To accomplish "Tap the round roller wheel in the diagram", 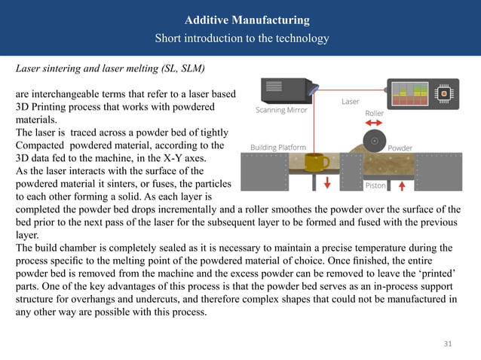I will coord(375,141).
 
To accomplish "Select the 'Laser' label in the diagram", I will coord(351,100).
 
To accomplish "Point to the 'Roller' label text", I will coord(375,114).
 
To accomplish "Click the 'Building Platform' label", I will coord(277,147).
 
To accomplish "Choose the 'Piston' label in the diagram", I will coord(375,185).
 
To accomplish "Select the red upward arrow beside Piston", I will coord(400,185).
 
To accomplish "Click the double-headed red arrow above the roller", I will coord(375,124).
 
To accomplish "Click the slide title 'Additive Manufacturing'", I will coord(241,20).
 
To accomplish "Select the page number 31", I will coord(448,344).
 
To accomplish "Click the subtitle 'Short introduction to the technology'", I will coord(241,38).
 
